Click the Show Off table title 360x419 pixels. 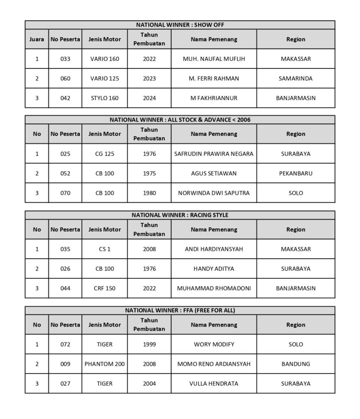[180, 25]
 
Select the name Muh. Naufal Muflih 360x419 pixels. [214, 59]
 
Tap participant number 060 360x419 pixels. [65, 79]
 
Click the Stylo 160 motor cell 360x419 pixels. [105, 98]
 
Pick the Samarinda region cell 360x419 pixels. [296, 79]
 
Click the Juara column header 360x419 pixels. [37, 40]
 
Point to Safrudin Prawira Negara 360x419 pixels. [214, 154]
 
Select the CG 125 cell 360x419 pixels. [105, 154]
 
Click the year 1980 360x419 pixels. [149, 193]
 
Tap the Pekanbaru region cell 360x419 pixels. [296, 173]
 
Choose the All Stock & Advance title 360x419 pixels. [180, 120]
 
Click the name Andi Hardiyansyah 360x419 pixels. [214, 249]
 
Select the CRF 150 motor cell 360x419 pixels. [105, 288]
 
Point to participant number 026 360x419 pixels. [65, 269]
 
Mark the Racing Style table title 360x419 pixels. [180, 215]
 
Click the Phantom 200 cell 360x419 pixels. [105, 364]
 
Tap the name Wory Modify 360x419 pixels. [214, 345]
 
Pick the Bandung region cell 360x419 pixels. [296, 364]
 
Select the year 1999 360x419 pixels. [149, 345]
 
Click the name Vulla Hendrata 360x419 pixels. [214, 384]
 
